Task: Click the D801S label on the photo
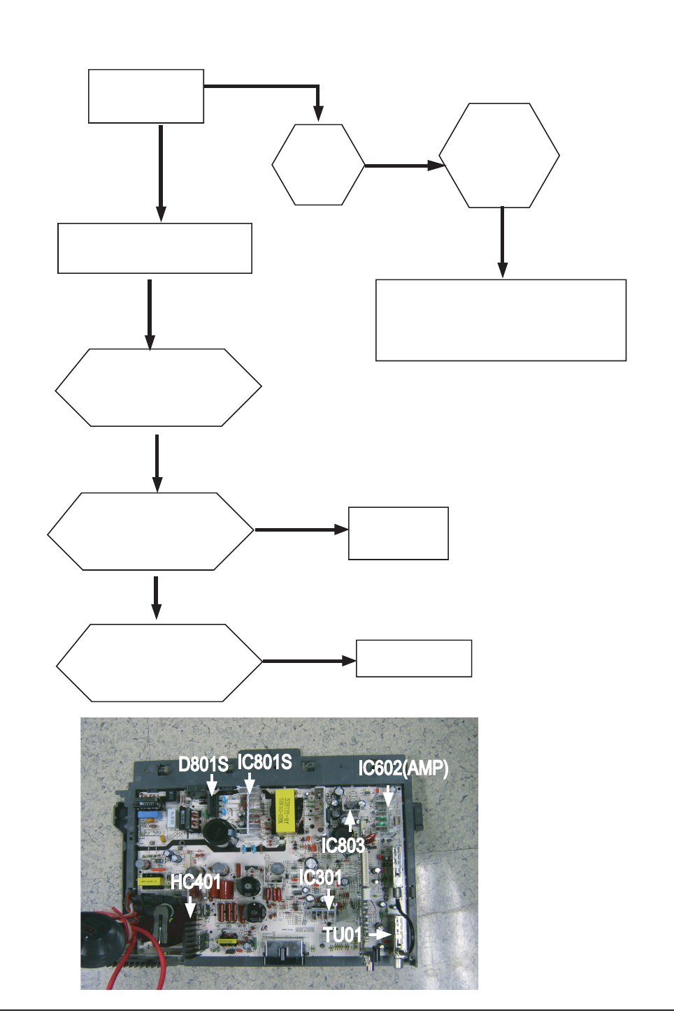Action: click(x=203, y=764)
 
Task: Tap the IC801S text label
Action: click(x=264, y=762)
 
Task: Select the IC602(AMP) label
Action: click(x=403, y=768)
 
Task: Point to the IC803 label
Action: click(x=343, y=845)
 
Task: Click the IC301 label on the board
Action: click(x=320, y=877)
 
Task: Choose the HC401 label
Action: click(x=196, y=882)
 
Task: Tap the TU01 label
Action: click(x=343, y=935)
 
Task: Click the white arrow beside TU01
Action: click(x=379, y=934)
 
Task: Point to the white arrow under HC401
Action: click(x=190, y=906)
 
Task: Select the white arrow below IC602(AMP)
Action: click(x=388, y=794)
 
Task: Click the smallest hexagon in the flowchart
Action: click(x=318, y=165)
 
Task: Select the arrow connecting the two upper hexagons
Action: click(x=404, y=166)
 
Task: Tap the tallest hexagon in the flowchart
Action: click(x=499, y=156)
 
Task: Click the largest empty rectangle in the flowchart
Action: click(x=501, y=320)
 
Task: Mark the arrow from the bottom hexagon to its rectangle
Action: click(x=308, y=661)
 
